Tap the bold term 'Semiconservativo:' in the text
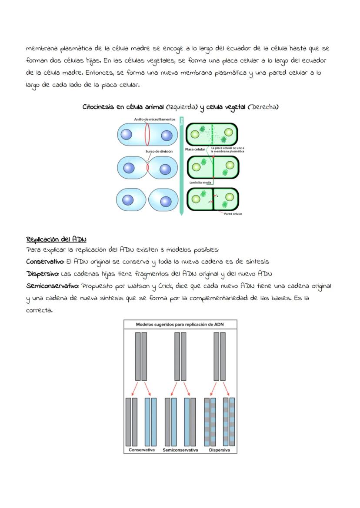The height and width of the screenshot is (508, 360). click(x=52, y=286)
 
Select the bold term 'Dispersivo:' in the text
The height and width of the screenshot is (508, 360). click(x=43, y=274)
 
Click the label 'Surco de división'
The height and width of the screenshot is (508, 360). click(x=159, y=151)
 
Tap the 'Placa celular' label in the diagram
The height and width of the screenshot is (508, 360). click(x=195, y=149)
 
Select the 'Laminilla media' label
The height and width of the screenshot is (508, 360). click(x=200, y=183)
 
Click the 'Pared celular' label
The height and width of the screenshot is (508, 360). click(x=233, y=214)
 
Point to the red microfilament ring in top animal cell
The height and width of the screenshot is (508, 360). click(x=147, y=134)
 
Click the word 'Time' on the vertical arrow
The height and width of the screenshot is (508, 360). click(x=182, y=122)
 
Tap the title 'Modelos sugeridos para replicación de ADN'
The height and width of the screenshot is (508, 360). click(x=180, y=325)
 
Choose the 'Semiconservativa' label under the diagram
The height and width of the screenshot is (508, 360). click(x=180, y=450)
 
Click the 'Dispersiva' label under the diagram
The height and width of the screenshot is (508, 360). click(x=219, y=450)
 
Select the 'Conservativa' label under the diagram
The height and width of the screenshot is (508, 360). click(x=142, y=450)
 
